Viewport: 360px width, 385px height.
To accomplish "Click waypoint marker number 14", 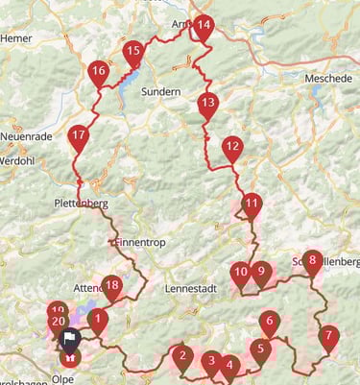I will tap(203, 26).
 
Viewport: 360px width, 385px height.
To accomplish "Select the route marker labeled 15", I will tap(133, 52).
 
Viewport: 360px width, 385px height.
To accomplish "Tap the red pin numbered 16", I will tap(98, 72).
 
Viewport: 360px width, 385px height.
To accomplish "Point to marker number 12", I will tap(231, 148).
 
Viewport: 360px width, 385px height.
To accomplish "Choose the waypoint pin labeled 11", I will tap(252, 204).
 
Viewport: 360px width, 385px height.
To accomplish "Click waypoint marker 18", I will tap(112, 285).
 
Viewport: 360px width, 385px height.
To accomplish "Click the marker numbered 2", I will tap(181, 358).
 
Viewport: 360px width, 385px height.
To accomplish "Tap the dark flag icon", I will tap(70, 338).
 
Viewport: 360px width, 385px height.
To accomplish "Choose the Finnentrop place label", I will tap(137, 243).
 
